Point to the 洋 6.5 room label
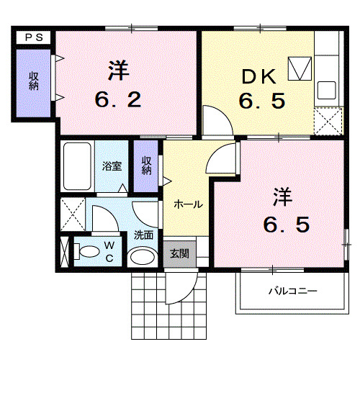coord(284,210)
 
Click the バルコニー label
coord(293,291)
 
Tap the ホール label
coord(187,204)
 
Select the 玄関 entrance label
coord(179,253)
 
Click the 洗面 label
coord(143,234)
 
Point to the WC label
coord(110,252)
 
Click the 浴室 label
coord(112,166)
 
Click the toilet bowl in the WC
coord(89,252)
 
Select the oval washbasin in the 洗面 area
coord(142,257)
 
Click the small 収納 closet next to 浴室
coord(146,166)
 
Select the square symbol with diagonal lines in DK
coord(299,68)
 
